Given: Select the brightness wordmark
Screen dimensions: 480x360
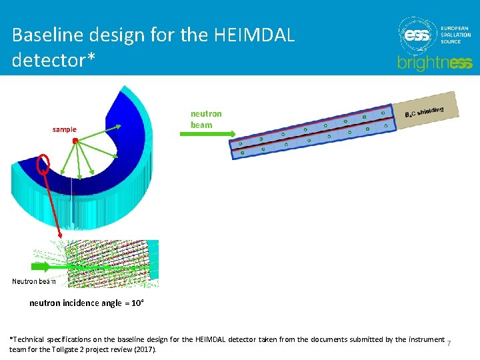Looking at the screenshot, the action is (x=435, y=63).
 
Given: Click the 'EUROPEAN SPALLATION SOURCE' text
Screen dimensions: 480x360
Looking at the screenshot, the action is (x=456, y=35).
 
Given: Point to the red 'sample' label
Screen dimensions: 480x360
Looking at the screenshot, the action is (x=65, y=129).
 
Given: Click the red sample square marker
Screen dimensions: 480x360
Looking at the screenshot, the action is (x=76, y=141).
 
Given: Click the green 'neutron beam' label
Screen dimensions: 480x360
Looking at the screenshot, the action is (x=205, y=119).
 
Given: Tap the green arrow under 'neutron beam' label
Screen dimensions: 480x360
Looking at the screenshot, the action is (x=207, y=135).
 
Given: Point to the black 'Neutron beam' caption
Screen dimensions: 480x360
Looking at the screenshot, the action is (x=34, y=281).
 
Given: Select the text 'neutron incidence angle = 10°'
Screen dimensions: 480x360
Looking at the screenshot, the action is (x=87, y=303).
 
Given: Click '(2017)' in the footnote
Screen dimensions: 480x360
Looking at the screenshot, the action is (x=145, y=349).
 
